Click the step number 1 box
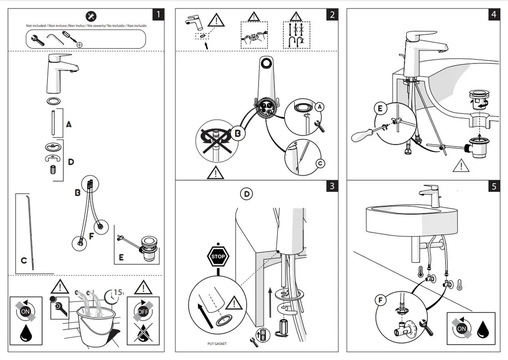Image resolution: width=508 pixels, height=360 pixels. click(x=158, y=14)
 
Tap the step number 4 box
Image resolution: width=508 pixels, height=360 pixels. click(x=493, y=14)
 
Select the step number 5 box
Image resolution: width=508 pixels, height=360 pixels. click(x=493, y=186)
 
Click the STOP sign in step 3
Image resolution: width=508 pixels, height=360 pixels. click(x=218, y=257)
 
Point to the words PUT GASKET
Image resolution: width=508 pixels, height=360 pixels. click(x=217, y=343)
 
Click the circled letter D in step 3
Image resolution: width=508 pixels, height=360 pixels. click(x=247, y=194)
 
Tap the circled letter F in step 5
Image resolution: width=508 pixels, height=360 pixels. click(x=381, y=300)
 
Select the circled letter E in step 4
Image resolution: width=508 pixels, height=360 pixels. click(x=380, y=109)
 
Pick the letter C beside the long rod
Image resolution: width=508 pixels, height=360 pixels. click(x=23, y=260)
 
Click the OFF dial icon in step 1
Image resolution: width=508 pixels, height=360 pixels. click(x=142, y=311)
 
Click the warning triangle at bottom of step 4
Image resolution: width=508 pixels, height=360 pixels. click(x=461, y=165)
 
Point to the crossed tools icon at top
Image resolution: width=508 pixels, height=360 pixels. click(x=91, y=16)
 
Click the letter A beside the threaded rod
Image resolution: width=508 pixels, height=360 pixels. click(x=68, y=125)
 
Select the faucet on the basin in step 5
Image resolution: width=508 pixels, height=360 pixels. click(x=432, y=195)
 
